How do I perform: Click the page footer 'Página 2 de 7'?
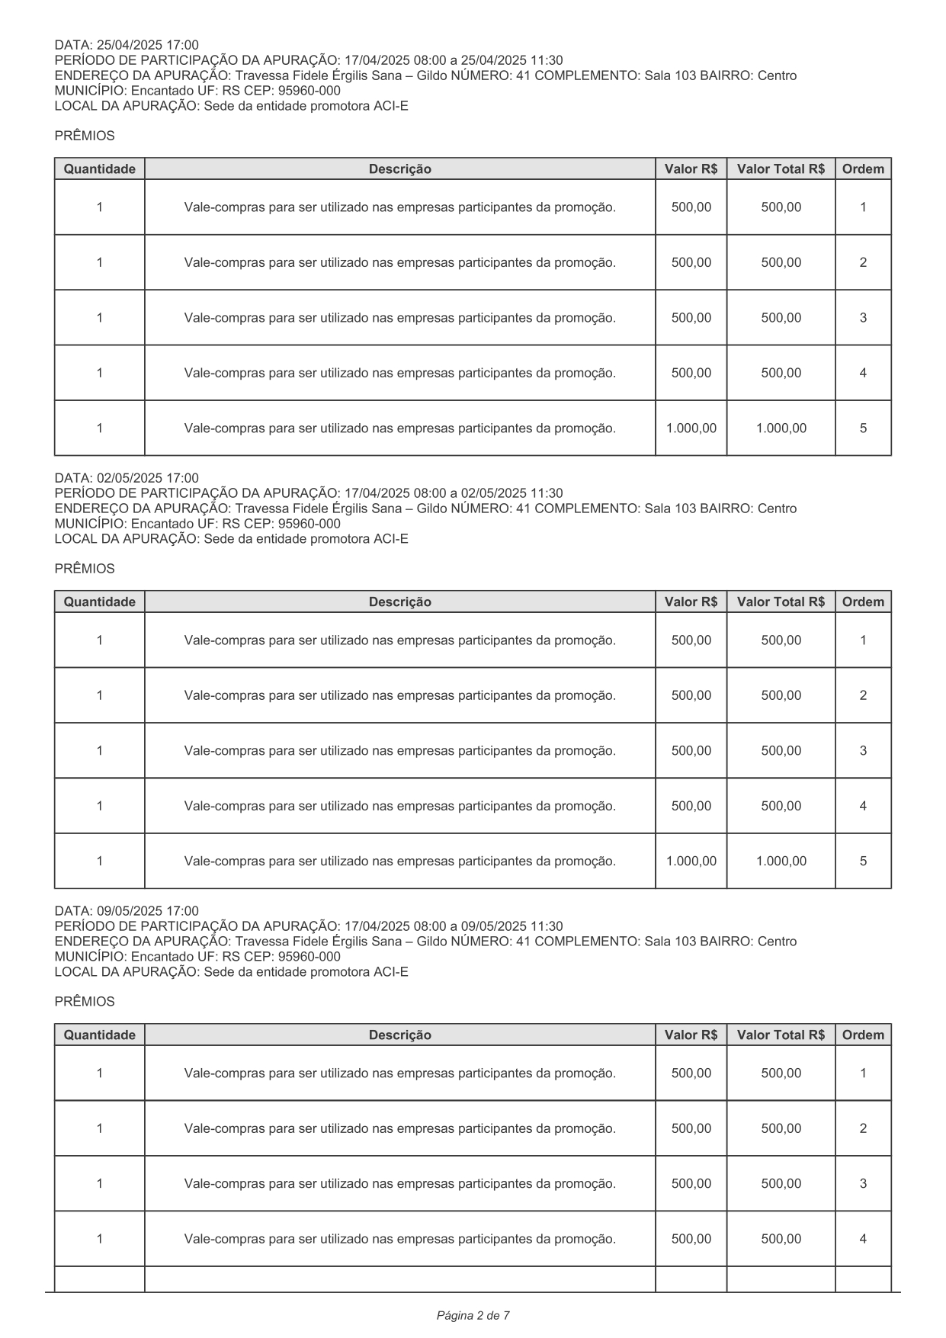pyautogui.click(x=473, y=1315)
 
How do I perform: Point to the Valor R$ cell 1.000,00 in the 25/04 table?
pyautogui.click(x=691, y=428)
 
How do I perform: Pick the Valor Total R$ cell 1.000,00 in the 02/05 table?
pyautogui.click(x=781, y=862)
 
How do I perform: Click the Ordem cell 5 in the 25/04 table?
pyautogui.click(x=863, y=428)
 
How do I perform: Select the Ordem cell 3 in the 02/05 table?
pyautogui.click(x=863, y=751)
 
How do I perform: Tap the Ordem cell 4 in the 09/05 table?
pyautogui.click(x=863, y=1239)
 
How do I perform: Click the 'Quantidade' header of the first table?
pyautogui.click(x=99, y=169)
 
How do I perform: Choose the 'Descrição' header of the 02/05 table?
pyautogui.click(x=399, y=602)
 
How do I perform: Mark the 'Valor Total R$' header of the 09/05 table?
pyautogui.click(x=781, y=1035)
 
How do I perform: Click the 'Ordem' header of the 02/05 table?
pyautogui.click(x=863, y=602)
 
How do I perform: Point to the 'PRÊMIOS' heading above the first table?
pyautogui.click(x=85, y=136)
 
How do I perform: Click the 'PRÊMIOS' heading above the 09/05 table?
pyautogui.click(x=85, y=1002)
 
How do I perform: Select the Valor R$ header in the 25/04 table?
pyautogui.click(x=691, y=169)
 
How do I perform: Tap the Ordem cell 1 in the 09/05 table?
pyautogui.click(x=863, y=1073)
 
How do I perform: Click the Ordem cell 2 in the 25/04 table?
pyautogui.click(x=863, y=263)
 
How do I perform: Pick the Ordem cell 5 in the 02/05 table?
pyautogui.click(x=863, y=862)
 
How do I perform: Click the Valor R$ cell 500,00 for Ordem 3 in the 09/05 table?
pyautogui.click(x=691, y=1184)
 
